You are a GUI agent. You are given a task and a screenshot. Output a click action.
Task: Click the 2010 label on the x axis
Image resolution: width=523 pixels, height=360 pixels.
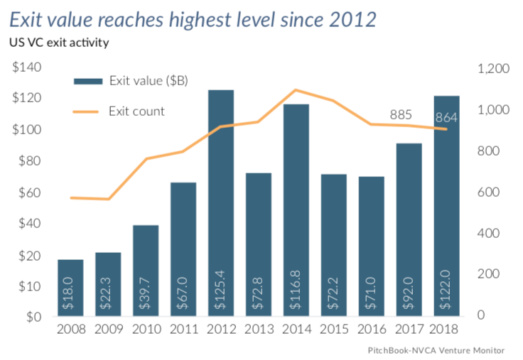(145, 329)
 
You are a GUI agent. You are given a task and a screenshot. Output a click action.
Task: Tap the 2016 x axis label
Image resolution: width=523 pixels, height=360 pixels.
(371, 329)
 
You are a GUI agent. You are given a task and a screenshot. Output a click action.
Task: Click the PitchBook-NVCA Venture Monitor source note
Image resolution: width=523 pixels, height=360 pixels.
(436, 350)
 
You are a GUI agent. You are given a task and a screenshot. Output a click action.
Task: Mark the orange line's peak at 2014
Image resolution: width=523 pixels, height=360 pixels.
(296, 90)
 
